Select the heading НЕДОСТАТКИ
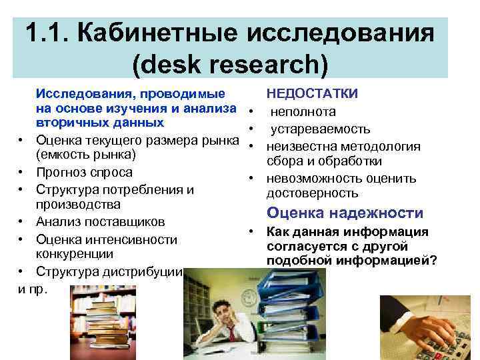click(x=312, y=94)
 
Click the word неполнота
click(x=307, y=111)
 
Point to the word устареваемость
click(x=320, y=129)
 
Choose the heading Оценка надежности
click(x=345, y=213)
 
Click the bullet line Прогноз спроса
click(x=83, y=172)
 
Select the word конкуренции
click(x=74, y=254)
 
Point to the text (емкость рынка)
click(x=86, y=155)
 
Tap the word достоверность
click(x=312, y=193)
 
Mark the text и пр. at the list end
click(x=31, y=289)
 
